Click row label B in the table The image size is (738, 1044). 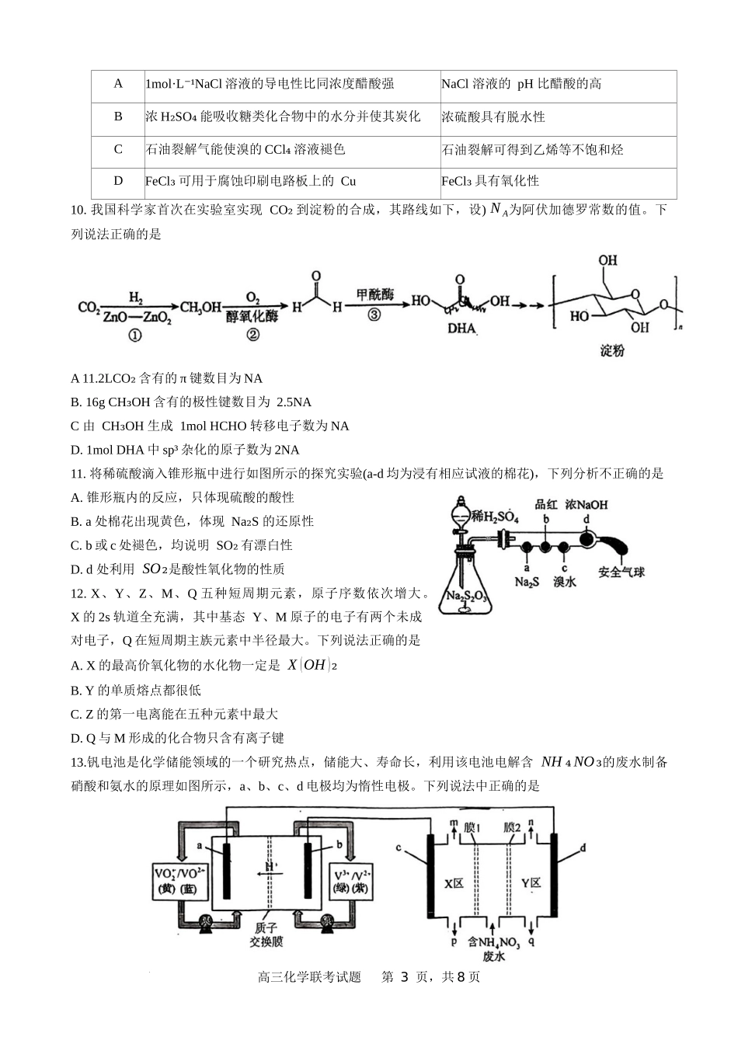118,117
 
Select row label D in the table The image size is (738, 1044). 118,181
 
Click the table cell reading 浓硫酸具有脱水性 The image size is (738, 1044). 493,117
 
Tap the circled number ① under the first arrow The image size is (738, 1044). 135,336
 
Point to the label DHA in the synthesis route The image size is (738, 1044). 461,329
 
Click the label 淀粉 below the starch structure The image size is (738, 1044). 612,351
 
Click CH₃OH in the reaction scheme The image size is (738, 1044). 200,308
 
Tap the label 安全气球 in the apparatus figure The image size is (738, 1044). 621,572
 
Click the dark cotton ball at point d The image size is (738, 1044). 587,537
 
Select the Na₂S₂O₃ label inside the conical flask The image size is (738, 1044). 465,597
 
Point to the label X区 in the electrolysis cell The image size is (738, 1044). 454,883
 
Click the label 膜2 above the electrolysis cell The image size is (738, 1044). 512,828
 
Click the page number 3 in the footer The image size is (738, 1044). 403,977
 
